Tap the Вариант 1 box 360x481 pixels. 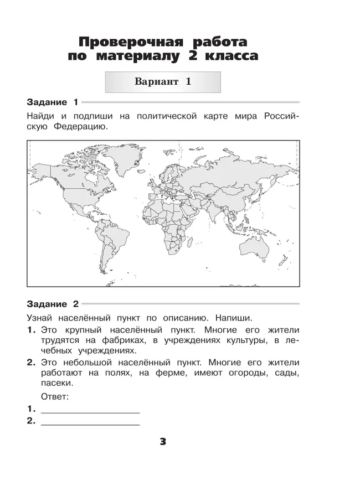pyautogui.click(x=163, y=81)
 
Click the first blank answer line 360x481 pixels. pyautogui.click(x=90, y=411)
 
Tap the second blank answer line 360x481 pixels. pyautogui.click(x=90, y=423)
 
